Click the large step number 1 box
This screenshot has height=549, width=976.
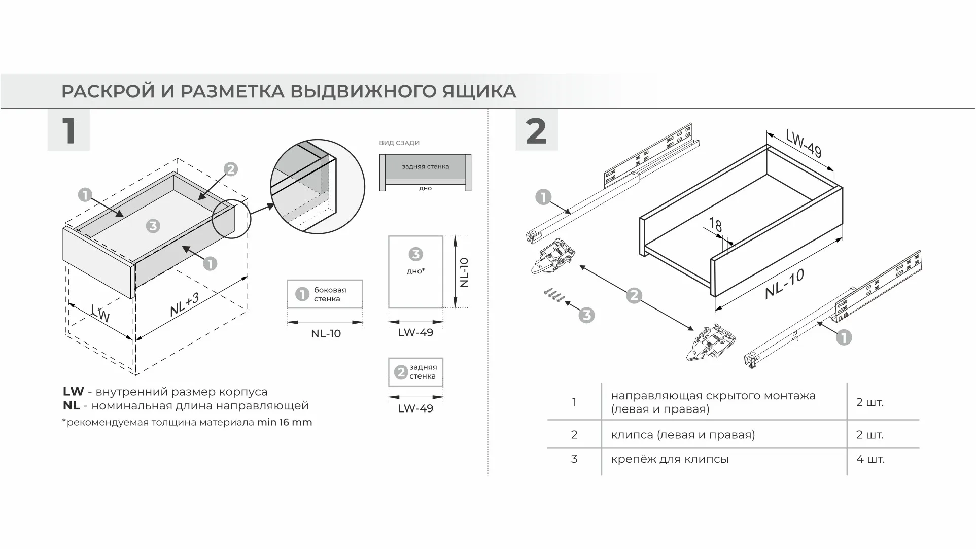tap(68, 130)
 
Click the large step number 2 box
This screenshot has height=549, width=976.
tap(536, 130)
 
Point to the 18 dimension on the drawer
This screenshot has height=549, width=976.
tap(715, 224)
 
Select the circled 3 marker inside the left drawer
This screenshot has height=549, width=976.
tap(153, 226)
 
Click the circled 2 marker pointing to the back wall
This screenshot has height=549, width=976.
tap(230, 169)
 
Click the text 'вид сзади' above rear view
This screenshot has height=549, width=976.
tap(399, 143)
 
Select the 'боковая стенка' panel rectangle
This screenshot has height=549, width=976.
tap(325, 294)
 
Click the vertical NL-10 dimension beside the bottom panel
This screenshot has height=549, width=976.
tap(464, 272)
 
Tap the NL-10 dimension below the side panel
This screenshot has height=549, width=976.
tap(326, 334)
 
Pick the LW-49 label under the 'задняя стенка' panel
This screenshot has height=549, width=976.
tap(415, 409)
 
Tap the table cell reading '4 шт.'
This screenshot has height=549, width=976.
tap(870, 459)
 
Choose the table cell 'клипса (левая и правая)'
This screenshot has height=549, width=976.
tap(683, 435)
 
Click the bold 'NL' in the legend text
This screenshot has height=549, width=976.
tap(72, 406)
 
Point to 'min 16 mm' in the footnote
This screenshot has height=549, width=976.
tap(285, 423)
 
